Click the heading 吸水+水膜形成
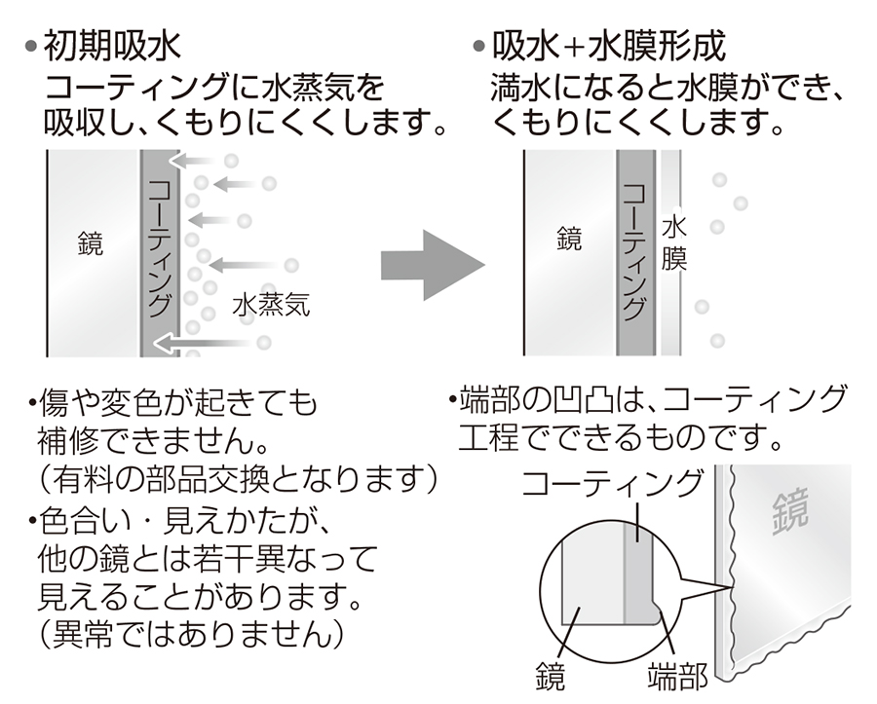608,46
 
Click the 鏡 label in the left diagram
91,244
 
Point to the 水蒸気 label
271,305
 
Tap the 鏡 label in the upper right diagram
569,238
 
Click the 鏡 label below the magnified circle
550,674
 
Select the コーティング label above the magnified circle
612,483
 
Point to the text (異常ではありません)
191,636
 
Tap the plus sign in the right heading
581,46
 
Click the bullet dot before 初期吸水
32,47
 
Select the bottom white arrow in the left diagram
205,342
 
